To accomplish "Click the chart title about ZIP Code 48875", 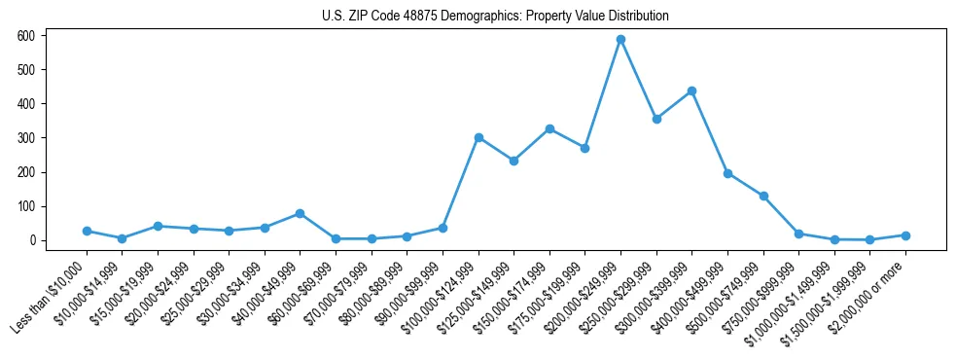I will [495, 17].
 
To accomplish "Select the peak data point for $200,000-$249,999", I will [620, 40].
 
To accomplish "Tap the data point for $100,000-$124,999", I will [478, 138].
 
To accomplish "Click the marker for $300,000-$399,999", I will [691, 91].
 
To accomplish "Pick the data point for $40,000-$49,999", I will [300, 213].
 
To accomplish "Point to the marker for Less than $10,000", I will [87, 231].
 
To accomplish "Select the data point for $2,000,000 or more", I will [905, 235].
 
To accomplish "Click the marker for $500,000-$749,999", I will [763, 197].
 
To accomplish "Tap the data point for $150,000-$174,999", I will [549, 128].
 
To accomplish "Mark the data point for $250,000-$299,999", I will [656, 119].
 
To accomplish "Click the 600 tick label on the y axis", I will [26, 36].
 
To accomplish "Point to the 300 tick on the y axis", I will [26, 138].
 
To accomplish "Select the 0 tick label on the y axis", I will [32, 240].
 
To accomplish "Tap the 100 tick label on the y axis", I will [26, 206].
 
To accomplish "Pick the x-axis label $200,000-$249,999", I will [584, 292].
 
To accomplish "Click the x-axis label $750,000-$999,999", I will [762, 292].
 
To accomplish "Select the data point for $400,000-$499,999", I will [727, 173].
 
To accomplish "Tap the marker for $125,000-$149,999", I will [513, 161].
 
